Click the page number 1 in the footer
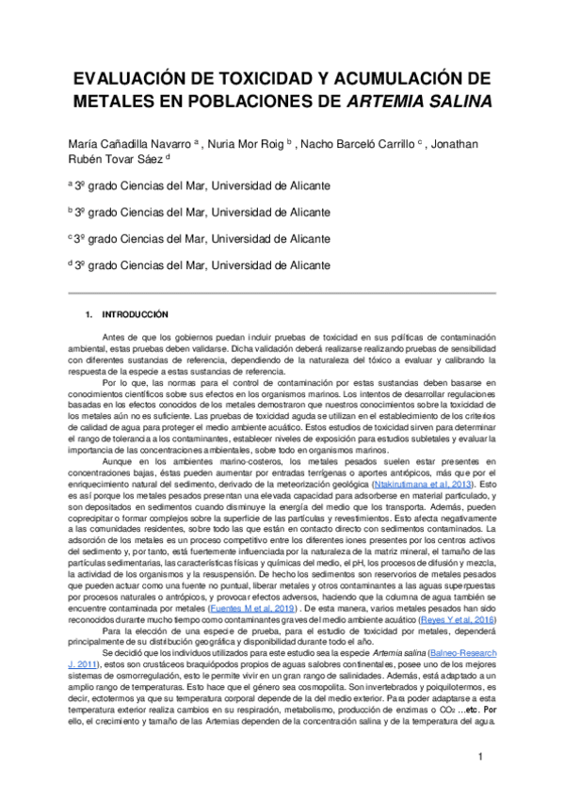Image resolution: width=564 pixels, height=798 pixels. point(480,757)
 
